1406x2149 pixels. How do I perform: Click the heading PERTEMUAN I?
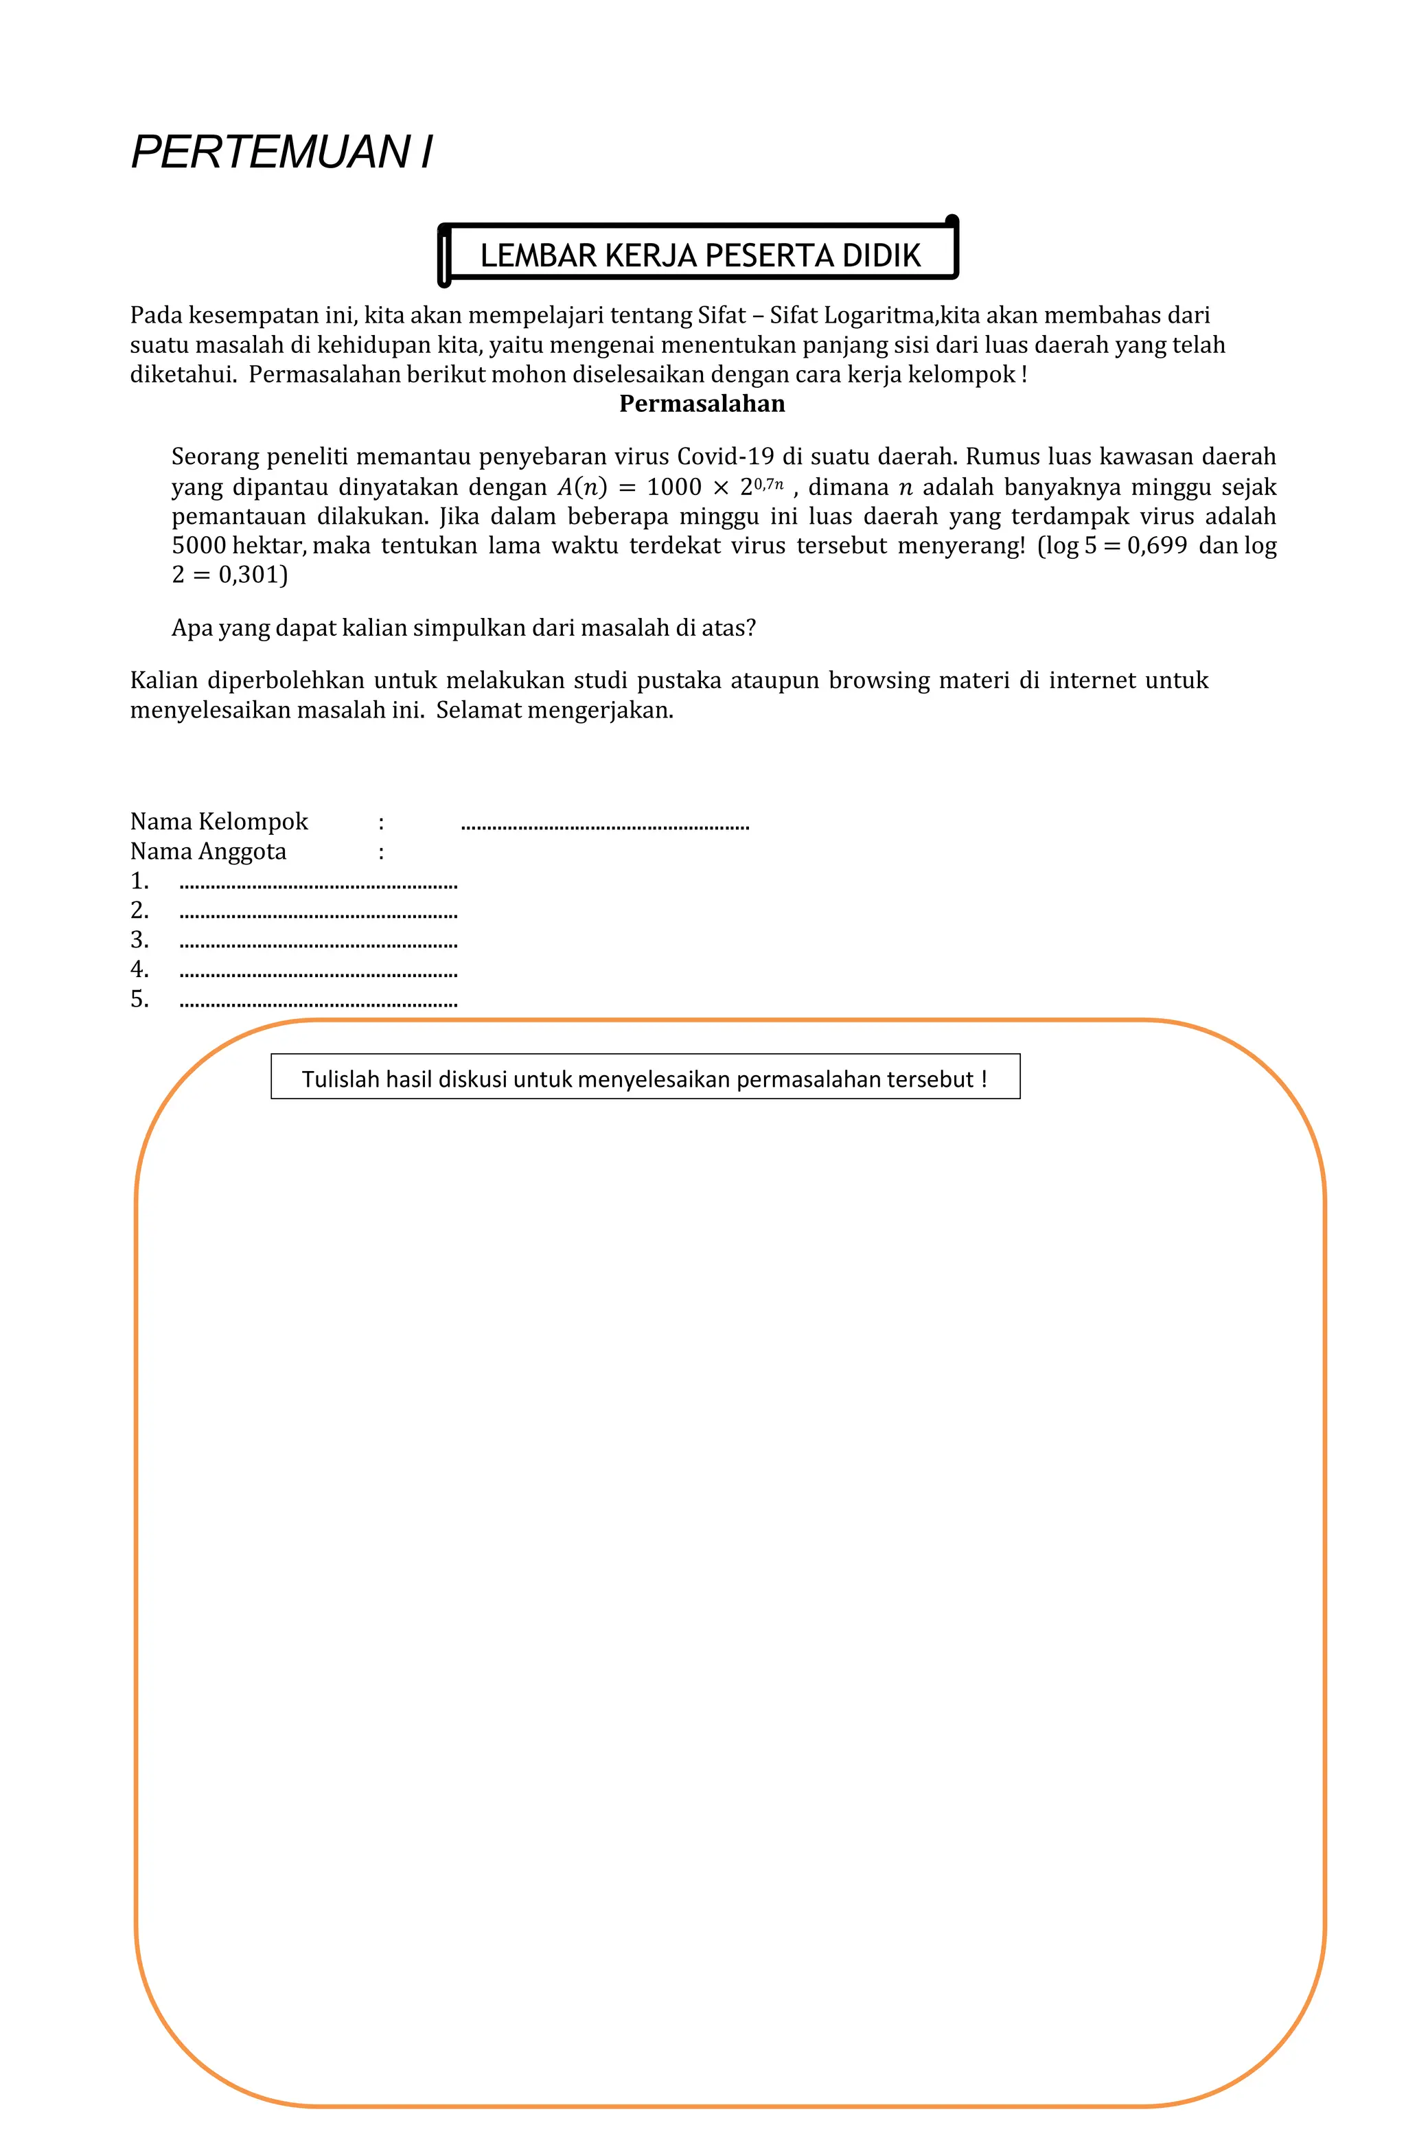(281, 152)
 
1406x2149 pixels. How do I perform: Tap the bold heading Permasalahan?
(702, 404)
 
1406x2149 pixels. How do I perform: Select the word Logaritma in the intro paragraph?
(879, 315)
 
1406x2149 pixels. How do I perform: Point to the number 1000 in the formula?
(673, 487)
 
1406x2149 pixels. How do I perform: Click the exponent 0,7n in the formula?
(768, 483)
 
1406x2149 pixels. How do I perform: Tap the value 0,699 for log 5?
(1156, 547)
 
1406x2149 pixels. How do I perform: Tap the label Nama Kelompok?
(218, 822)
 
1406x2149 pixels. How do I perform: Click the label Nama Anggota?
(208, 851)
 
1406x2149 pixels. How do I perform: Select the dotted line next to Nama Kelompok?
(604, 825)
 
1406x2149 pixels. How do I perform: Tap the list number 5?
(139, 1000)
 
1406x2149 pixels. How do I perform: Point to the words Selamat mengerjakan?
(555, 710)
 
